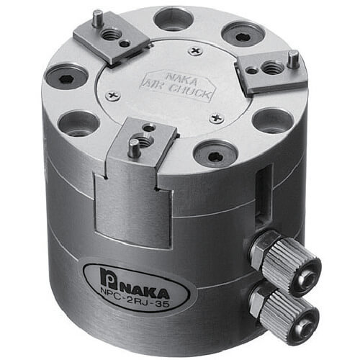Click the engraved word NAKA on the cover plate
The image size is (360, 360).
[x=181, y=78]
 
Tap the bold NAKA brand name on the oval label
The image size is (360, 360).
[x=146, y=289]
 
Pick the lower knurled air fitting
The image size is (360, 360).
[x=287, y=309]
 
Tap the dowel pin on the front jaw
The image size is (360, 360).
[x=133, y=148]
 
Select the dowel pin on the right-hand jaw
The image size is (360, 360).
[x=293, y=59]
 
